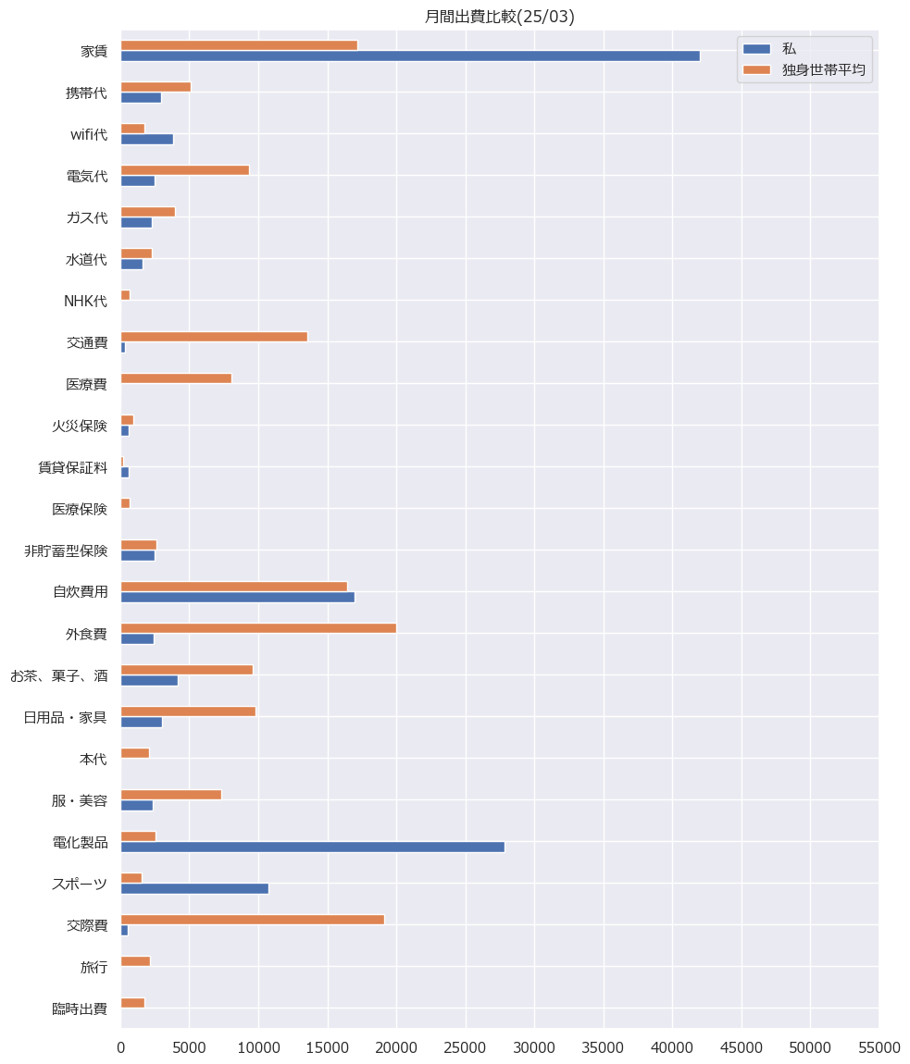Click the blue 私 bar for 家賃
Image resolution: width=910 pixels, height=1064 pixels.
tap(410, 56)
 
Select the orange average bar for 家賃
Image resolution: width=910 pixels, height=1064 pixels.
tap(239, 45)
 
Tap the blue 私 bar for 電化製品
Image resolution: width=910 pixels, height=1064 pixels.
tap(312, 847)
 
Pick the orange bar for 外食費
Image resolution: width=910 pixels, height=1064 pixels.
tap(258, 628)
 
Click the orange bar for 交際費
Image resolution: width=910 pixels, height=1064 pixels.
tap(252, 920)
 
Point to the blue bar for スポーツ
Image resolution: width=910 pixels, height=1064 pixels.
tap(194, 888)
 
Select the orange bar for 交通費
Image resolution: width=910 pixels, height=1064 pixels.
tap(214, 337)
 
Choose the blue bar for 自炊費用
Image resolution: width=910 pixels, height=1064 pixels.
tap(237, 597)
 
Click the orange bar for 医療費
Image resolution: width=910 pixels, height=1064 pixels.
tap(176, 378)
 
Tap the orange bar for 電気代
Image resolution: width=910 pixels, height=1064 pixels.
tap(184, 170)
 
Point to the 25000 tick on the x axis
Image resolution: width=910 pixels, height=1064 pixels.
tap(466, 1047)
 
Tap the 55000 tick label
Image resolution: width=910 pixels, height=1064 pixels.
tap(879, 1047)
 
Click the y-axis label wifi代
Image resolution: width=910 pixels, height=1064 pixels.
tap(89, 135)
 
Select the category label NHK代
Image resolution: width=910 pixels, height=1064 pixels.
tap(85, 302)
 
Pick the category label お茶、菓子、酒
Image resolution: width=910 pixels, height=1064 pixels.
tap(58, 676)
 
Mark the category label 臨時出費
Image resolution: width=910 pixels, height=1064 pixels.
tap(80, 1009)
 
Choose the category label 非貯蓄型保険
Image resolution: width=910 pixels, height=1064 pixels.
tap(66, 551)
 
